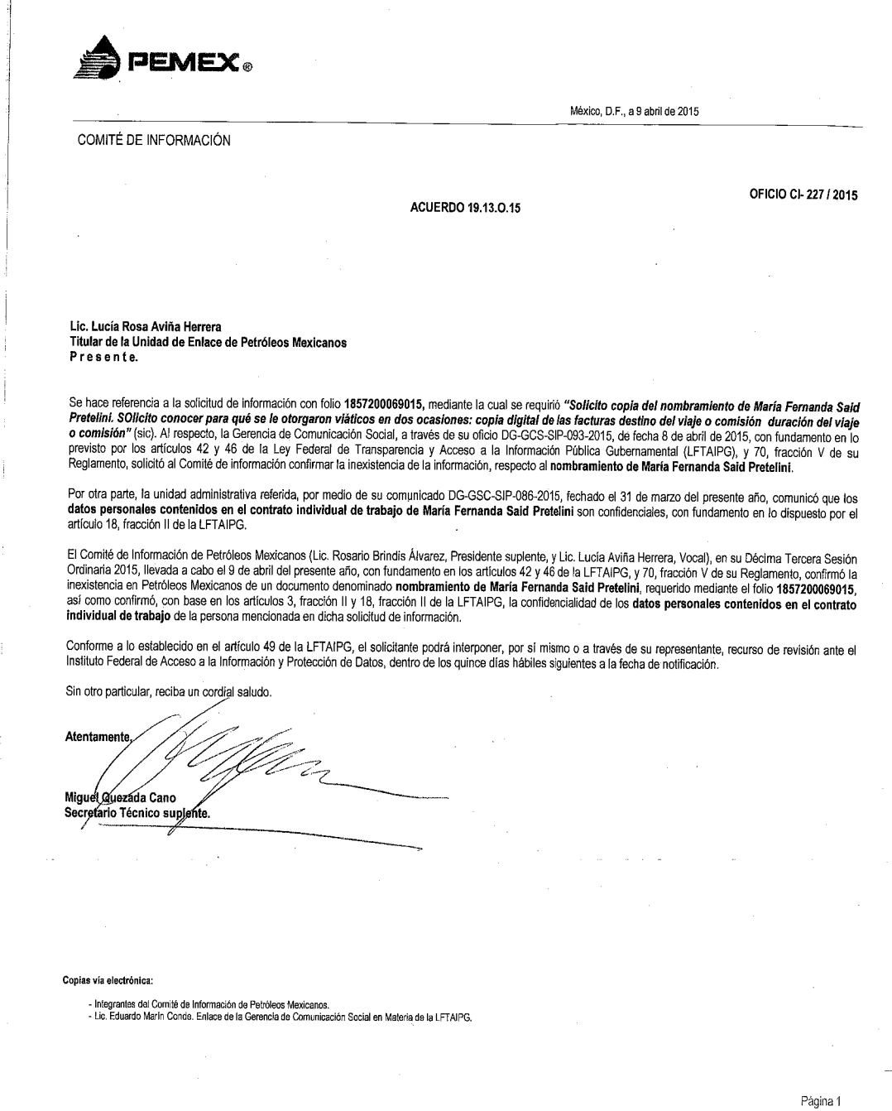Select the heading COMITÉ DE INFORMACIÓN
(x=154, y=141)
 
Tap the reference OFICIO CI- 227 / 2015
(x=803, y=196)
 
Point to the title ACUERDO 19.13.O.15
(x=466, y=207)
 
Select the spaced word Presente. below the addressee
(x=104, y=358)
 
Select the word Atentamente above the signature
(x=98, y=737)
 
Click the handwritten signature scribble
(x=240, y=757)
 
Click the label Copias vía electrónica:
(x=108, y=981)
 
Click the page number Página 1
(x=821, y=1101)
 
